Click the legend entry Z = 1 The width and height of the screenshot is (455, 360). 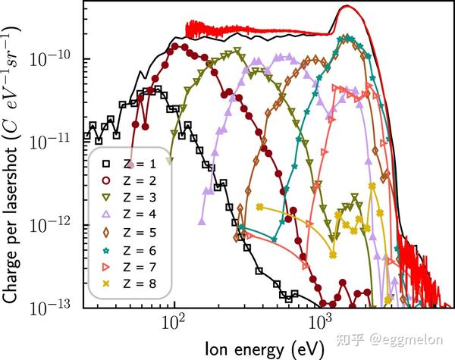click(129, 164)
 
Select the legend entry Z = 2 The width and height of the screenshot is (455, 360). click(129, 180)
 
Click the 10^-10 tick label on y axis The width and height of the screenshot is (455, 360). click(53, 59)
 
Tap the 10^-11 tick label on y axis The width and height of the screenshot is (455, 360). click(53, 141)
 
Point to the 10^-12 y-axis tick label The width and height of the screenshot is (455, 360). click(53, 224)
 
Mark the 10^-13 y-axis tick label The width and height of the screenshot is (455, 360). click(53, 305)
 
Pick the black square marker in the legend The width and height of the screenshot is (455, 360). click(96, 164)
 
